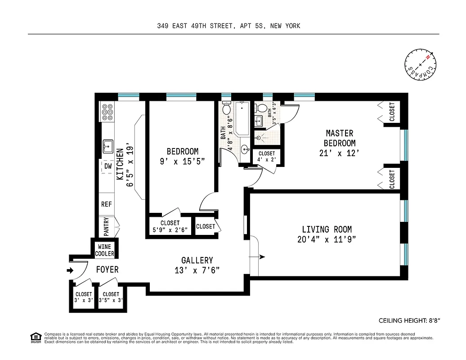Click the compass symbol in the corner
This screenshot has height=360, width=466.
[421, 66]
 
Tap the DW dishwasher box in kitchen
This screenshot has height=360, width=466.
[108, 166]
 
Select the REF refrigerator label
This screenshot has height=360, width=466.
[107, 204]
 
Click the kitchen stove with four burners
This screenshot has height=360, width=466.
[108, 112]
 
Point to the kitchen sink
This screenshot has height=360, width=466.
[108, 146]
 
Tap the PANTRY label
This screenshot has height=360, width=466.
[106, 227]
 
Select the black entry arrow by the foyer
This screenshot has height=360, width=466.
[70, 271]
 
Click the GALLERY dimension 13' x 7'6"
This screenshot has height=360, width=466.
[197, 270]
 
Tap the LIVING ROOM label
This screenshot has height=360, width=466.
[327, 229]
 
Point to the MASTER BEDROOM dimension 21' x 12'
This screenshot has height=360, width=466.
[340, 153]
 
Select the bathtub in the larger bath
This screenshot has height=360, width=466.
[242, 118]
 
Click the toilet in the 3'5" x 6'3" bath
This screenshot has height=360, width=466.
[261, 108]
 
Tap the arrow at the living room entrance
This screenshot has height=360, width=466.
[262, 257]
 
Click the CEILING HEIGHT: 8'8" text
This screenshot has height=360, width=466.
[409, 321]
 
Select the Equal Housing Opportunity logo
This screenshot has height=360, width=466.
[35, 337]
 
